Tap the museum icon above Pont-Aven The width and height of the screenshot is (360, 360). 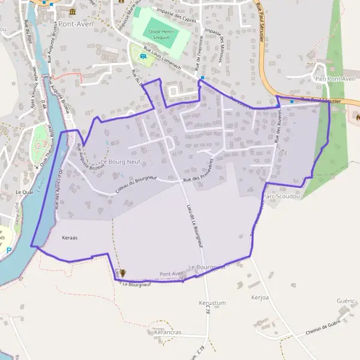(73, 12)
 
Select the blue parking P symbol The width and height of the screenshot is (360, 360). (8, 250)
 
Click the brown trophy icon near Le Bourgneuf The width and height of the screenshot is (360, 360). (123, 272)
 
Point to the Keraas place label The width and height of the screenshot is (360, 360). (70, 238)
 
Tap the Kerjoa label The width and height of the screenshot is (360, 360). (262, 297)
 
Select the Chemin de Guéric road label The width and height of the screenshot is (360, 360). (323, 327)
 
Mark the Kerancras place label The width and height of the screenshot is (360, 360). (167, 332)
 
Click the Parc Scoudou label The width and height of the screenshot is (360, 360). (281, 196)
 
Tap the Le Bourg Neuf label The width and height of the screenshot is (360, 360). (120, 162)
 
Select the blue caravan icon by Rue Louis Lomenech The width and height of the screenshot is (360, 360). (143, 57)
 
